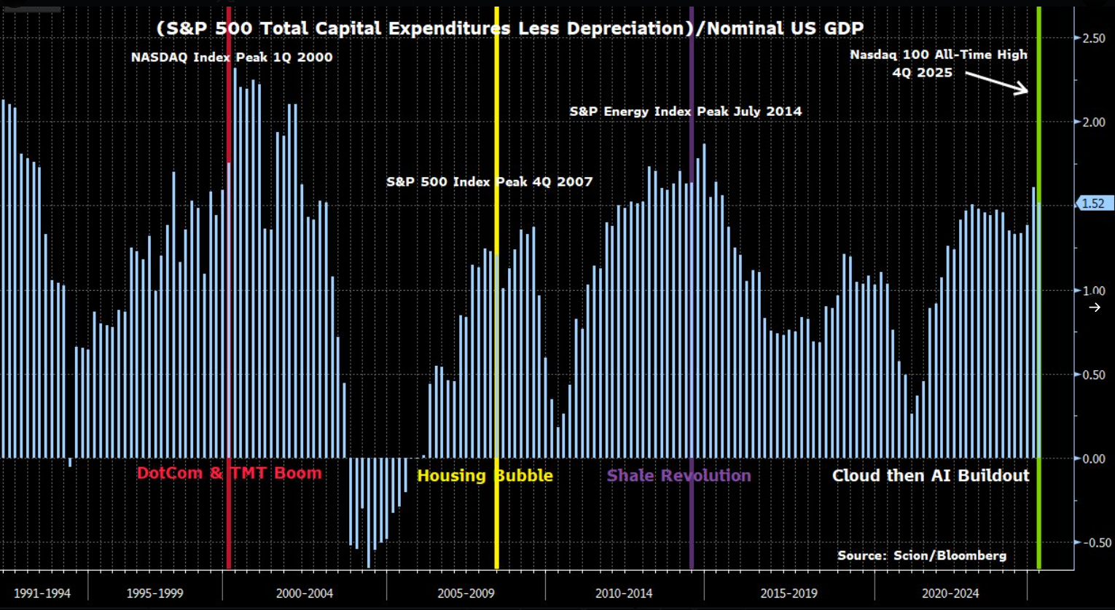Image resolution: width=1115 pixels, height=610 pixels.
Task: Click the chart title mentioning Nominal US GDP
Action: point(510,28)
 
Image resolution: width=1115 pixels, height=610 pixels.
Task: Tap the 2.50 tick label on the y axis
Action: point(1093,38)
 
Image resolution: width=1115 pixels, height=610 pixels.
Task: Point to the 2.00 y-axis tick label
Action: point(1093,122)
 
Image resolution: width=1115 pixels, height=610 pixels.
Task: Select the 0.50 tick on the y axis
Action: point(1093,375)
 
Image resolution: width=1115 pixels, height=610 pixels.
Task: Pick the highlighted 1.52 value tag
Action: point(1092,204)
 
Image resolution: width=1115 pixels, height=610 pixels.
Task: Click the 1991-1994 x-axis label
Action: point(42,593)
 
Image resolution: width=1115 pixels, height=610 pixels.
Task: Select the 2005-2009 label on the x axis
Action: point(466,593)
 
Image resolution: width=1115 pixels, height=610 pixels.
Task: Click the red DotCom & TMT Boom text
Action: point(229,473)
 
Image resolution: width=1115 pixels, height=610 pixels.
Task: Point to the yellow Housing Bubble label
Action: point(485,476)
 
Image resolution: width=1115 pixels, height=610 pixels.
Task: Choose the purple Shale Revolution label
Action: point(678,476)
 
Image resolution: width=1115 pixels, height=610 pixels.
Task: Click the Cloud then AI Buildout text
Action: point(931,476)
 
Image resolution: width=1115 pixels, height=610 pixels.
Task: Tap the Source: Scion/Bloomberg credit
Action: point(922,555)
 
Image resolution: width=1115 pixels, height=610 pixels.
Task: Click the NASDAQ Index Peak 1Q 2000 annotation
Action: point(232,58)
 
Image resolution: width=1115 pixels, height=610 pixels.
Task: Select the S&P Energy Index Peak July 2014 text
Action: point(685,112)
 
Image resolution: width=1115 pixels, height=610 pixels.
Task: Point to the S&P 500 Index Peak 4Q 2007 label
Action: point(489,181)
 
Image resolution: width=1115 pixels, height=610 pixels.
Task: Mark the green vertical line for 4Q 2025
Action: point(1038,328)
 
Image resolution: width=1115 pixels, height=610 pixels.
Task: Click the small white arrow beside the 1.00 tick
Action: point(1095,308)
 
